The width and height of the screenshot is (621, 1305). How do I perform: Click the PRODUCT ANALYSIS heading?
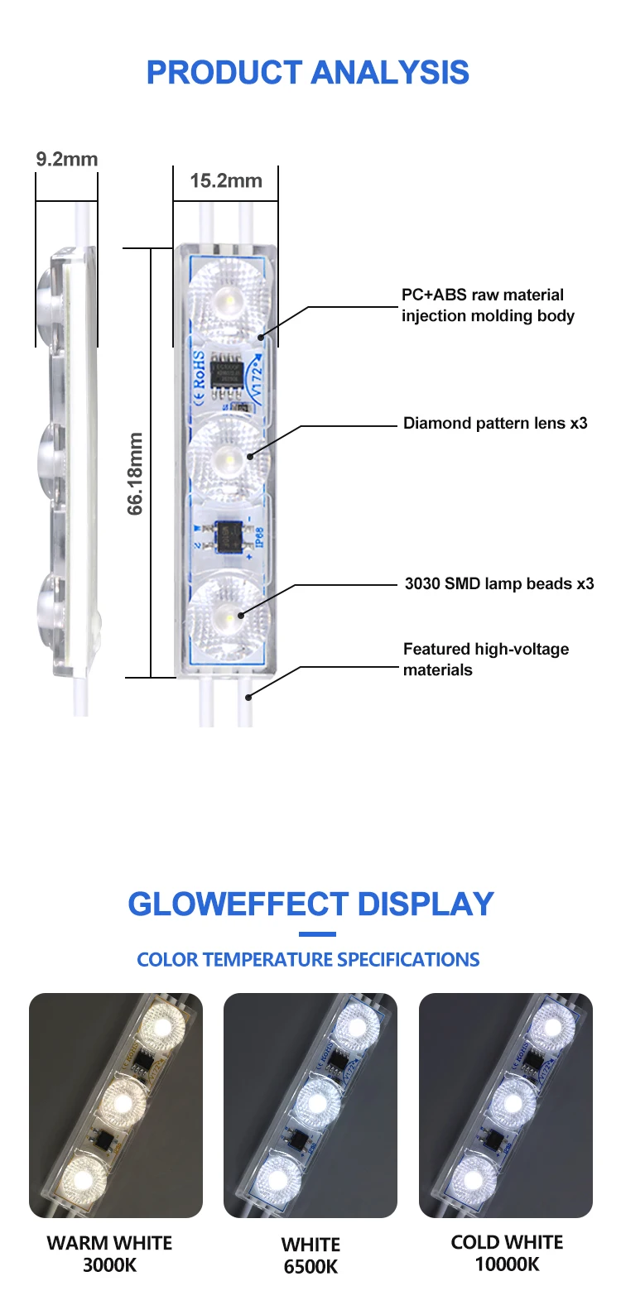click(x=308, y=73)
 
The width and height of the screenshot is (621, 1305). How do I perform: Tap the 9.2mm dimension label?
click(x=66, y=159)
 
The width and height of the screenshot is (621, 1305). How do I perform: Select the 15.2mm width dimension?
click(x=225, y=180)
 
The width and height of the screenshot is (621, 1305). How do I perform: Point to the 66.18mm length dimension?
click(x=136, y=473)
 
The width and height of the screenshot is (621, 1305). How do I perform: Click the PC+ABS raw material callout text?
click(x=488, y=305)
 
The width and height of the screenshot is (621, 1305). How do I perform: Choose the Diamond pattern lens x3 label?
click(x=495, y=424)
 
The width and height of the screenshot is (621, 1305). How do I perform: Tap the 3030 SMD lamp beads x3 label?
click(x=499, y=584)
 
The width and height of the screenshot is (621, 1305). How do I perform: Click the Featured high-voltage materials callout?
click(x=486, y=660)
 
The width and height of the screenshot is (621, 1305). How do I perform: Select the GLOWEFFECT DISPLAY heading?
click(x=310, y=904)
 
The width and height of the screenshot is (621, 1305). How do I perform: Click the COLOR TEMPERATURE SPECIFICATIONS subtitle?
click(x=308, y=960)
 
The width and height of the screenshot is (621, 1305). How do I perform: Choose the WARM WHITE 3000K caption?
click(x=109, y=1254)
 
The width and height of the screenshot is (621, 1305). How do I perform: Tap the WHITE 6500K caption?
click(x=310, y=1255)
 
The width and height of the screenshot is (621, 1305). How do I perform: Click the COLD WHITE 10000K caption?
click(x=507, y=1253)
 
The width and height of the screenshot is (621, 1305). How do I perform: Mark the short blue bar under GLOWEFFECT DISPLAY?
click(x=317, y=934)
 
